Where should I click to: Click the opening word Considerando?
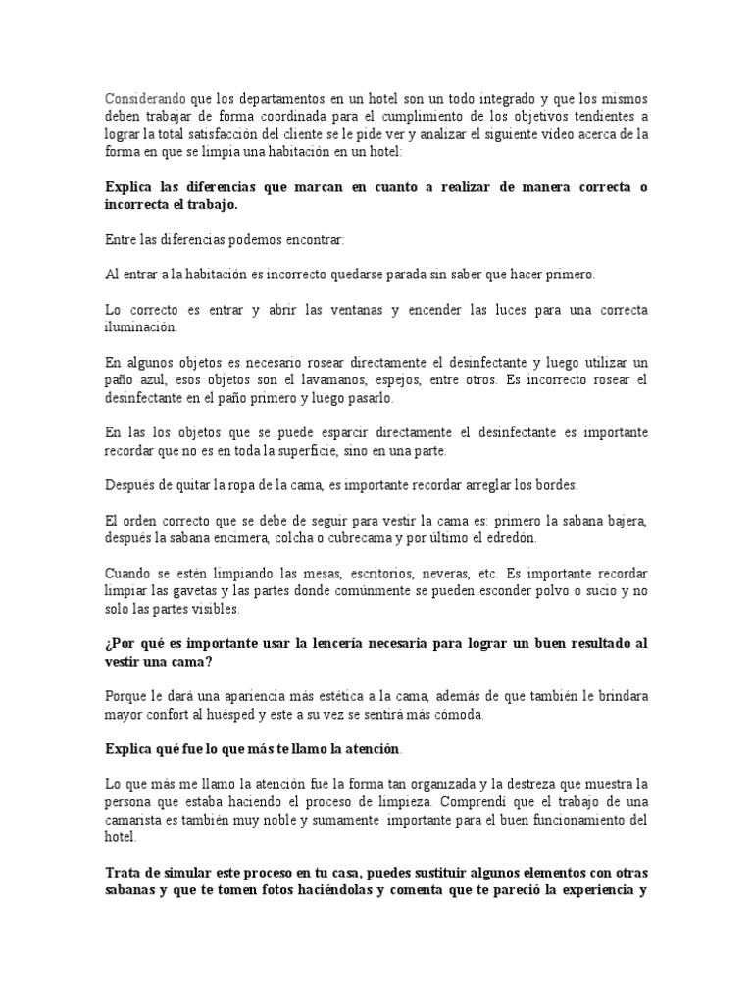coord(143,99)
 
